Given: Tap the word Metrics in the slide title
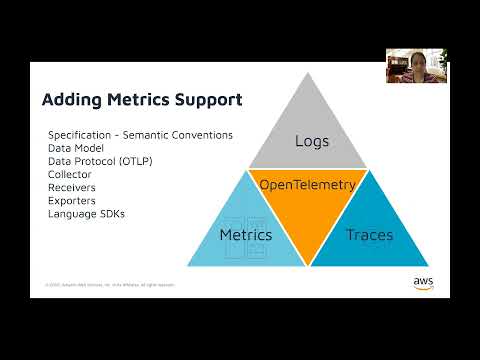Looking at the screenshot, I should [x=129, y=101].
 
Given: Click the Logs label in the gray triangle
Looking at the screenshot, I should [x=312, y=141].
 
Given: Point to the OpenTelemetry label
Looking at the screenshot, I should [x=308, y=185].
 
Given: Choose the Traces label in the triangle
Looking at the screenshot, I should [x=369, y=236].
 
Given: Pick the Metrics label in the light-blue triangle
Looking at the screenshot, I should [x=245, y=236].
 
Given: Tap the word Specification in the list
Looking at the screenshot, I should [x=79, y=135].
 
